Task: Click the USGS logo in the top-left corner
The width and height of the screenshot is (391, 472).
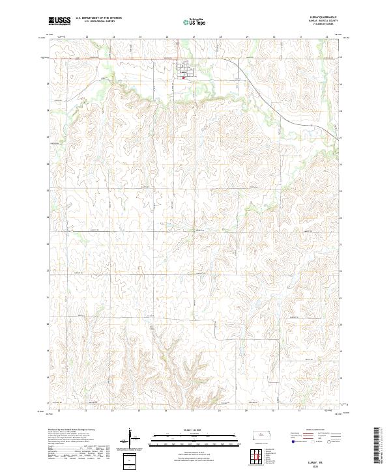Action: click(59, 21)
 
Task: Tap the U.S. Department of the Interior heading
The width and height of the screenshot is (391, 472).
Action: click(98, 18)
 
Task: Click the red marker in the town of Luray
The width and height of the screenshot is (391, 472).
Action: click(184, 77)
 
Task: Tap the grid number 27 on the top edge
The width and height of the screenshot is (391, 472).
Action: click(194, 36)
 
